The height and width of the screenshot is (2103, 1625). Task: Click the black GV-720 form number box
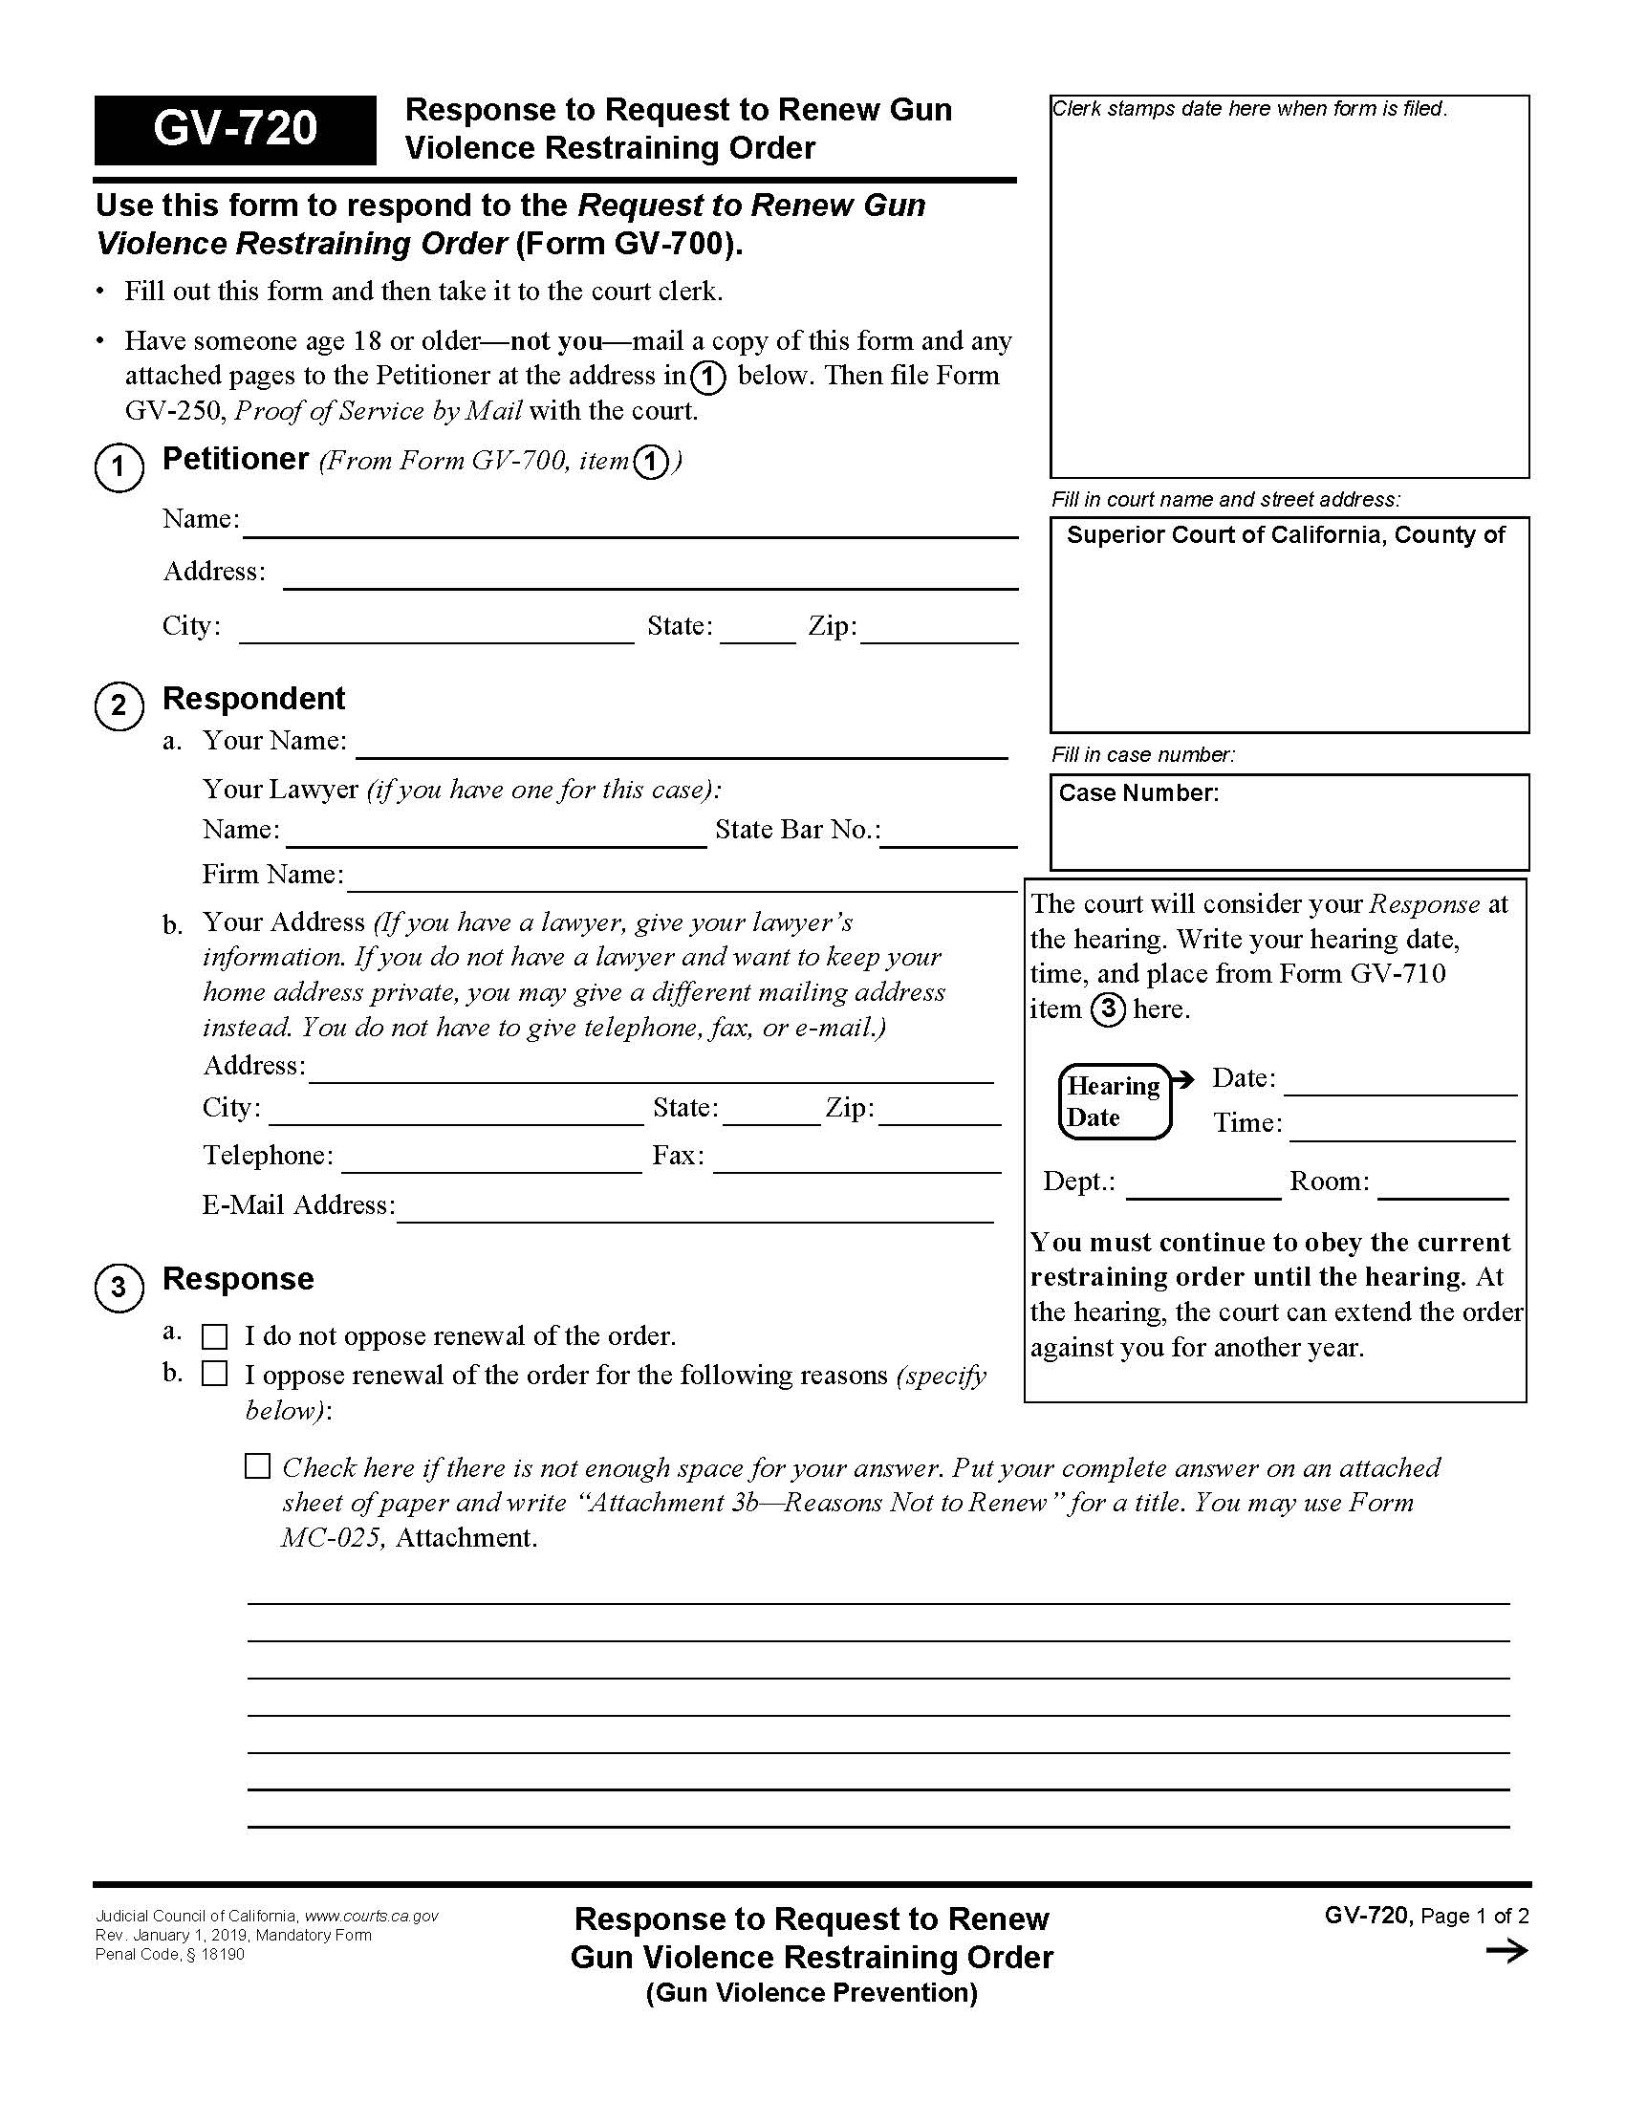pos(235,130)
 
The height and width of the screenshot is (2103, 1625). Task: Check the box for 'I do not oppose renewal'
pos(215,1337)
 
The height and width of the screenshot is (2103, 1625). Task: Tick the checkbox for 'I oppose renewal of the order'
pos(215,1374)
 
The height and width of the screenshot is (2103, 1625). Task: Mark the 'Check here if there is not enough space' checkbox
pos(257,1466)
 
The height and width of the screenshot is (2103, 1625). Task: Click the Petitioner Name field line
pos(630,526)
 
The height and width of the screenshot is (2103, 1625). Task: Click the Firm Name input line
pos(682,880)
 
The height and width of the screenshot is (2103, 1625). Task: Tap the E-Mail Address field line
pos(694,1210)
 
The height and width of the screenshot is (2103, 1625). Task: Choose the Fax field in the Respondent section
pos(856,1161)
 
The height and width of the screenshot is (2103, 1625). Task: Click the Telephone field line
pos(491,1161)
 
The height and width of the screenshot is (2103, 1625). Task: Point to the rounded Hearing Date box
pos(1114,1101)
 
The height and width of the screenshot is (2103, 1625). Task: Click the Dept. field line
pos(1202,1187)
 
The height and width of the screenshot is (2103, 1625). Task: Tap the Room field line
pos(1442,1187)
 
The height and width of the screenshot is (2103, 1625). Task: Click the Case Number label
pos(1137,793)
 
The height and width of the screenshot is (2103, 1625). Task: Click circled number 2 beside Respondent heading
pos(119,705)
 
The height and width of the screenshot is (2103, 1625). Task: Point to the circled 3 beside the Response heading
pos(119,1288)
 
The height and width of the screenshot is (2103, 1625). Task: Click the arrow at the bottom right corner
pos(1506,1952)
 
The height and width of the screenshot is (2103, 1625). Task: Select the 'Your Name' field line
pos(682,748)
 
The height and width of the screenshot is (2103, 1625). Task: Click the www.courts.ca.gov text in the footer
pos(371,1917)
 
